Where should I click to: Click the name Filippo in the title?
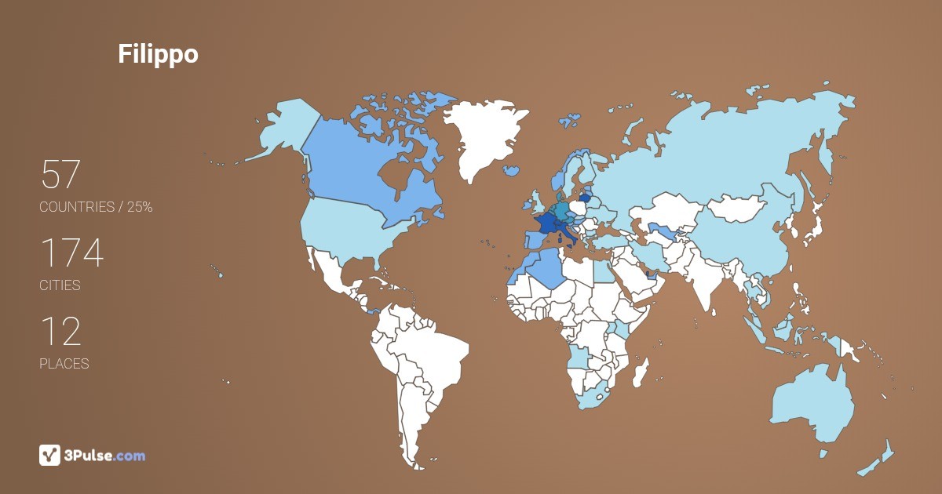click(x=158, y=54)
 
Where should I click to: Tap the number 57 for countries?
click(x=60, y=175)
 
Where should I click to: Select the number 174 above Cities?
click(x=71, y=253)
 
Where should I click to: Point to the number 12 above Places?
click(x=60, y=332)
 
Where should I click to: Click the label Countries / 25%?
click(x=96, y=207)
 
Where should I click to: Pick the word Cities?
click(x=60, y=285)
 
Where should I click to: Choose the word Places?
click(x=64, y=364)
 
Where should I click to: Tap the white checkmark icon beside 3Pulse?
click(x=49, y=455)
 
